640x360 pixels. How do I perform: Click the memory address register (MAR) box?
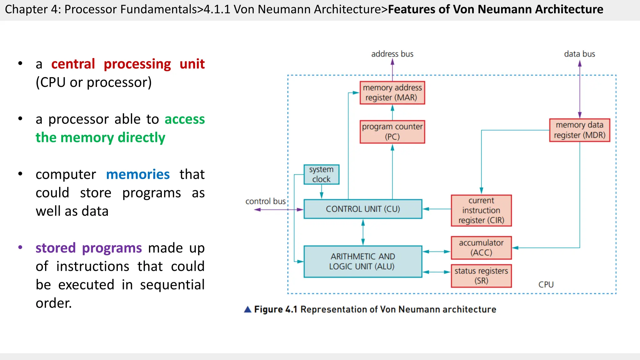[x=392, y=93]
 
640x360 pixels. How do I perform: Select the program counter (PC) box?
[x=392, y=132]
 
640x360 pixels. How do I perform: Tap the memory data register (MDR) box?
[x=579, y=130]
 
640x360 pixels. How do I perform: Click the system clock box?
[x=321, y=174]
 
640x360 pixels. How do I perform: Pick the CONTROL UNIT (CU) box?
[x=363, y=209]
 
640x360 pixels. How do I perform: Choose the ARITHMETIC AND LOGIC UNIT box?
[x=363, y=262]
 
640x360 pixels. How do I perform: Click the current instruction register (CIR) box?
[x=481, y=210]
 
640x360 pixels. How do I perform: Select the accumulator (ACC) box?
[x=481, y=248]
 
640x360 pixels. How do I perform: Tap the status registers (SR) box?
[x=481, y=276]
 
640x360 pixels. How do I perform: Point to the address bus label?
[x=392, y=54]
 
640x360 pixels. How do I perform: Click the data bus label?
[x=579, y=54]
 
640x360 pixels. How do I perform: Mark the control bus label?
[x=265, y=201]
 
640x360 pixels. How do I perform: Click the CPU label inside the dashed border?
[x=546, y=285]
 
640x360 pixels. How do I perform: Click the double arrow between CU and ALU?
[x=363, y=232]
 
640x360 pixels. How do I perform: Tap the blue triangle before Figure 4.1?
[x=247, y=309]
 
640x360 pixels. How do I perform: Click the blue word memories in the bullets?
[x=138, y=174]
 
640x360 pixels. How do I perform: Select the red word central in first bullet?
[x=73, y=64]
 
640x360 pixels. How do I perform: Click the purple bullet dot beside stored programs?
[x=20, y=247]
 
